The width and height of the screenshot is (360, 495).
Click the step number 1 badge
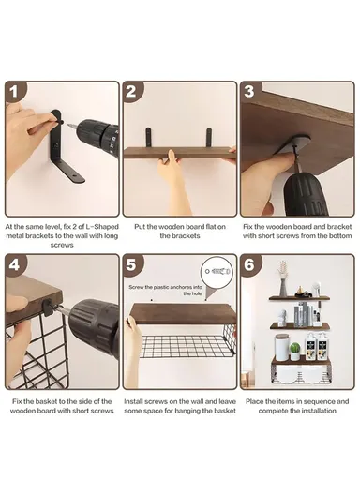pyautogui.click(x=14, y=92)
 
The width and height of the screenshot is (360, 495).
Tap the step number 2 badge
pyautogui.click(x=132, y=92)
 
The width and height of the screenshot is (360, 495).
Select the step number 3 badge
pyautogui.click(x=249, y=92)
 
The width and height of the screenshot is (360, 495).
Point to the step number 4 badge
pyautogui.click(x=14, y=264)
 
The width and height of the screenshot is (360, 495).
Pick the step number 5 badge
pyautogui.click(x=132, y=264)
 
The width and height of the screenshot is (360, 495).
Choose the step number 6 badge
pyautogui.click(x=249, y=264)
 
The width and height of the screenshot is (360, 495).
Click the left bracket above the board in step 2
pyautogui.click(x=148, y=137)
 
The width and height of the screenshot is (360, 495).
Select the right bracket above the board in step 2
pyautogui.click(x=209, y=137)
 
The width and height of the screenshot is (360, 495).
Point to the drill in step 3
pyautogui.click(x=303, y=189)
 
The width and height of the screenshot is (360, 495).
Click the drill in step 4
pyautogui.click(x=92, y=327)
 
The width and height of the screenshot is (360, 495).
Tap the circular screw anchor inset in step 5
pyautogui.click(x=218, y=271)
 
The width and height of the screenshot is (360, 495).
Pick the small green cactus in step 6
pyautogui.click(x=295, y=351)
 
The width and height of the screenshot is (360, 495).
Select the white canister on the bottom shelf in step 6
pyautogui.click(x=281, y=347)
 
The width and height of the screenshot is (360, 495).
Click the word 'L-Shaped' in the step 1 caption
pyautogui.click(x=102, y=227)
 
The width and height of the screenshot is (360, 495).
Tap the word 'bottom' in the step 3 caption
pyautogui.click(x=339, y=236)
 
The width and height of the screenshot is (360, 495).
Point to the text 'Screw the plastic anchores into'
pyautogui.click(x=165, y=287)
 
